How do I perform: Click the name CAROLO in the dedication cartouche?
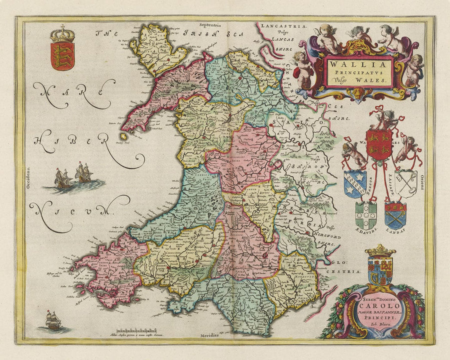click(x=372, y=306)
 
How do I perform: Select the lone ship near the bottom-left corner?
click(x=53, y=320)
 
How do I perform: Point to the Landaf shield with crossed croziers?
click(x=395, y=214)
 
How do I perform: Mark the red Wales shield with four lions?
click(x=378, y=144)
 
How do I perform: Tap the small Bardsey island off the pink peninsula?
click(x=122, y=136)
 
